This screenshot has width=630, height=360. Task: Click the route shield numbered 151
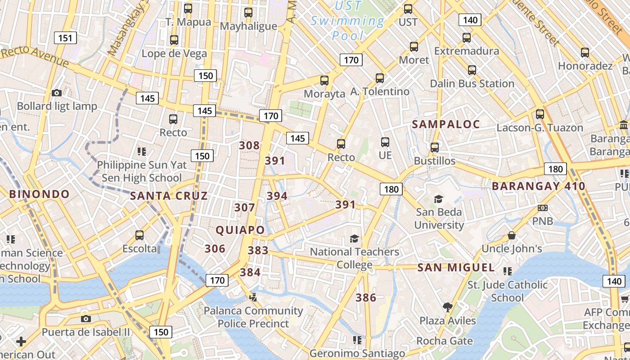click(65, 38)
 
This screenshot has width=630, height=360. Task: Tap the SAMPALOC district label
click(446, 125)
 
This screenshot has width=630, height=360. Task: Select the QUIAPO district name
click(240, 230)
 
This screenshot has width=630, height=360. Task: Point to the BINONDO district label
click(40, 194)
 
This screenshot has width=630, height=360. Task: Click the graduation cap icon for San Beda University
click(438, 199)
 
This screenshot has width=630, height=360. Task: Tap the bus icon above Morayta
click(324, 81)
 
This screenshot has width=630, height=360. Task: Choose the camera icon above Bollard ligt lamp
click(57, 93)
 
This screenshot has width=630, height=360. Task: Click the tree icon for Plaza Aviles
click(447, 307)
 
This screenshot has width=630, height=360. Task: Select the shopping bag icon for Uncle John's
click(512, 235)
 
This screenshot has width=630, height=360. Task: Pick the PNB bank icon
click(543, 208)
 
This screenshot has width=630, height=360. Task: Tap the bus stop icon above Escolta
click(139, 235)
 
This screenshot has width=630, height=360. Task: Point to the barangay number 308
click(249, 145)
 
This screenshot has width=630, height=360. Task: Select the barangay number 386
click(366, 297)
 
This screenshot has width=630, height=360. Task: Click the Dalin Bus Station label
click(472, 84)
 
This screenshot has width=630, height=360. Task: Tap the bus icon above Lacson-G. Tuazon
click(540, 114)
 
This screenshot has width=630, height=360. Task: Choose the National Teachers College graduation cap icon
click(355, 238)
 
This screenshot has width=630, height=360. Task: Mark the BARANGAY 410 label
click(538, 186)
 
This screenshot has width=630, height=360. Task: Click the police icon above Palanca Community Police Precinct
click(253, 297)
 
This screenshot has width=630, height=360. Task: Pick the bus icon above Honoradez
click(585, 53)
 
